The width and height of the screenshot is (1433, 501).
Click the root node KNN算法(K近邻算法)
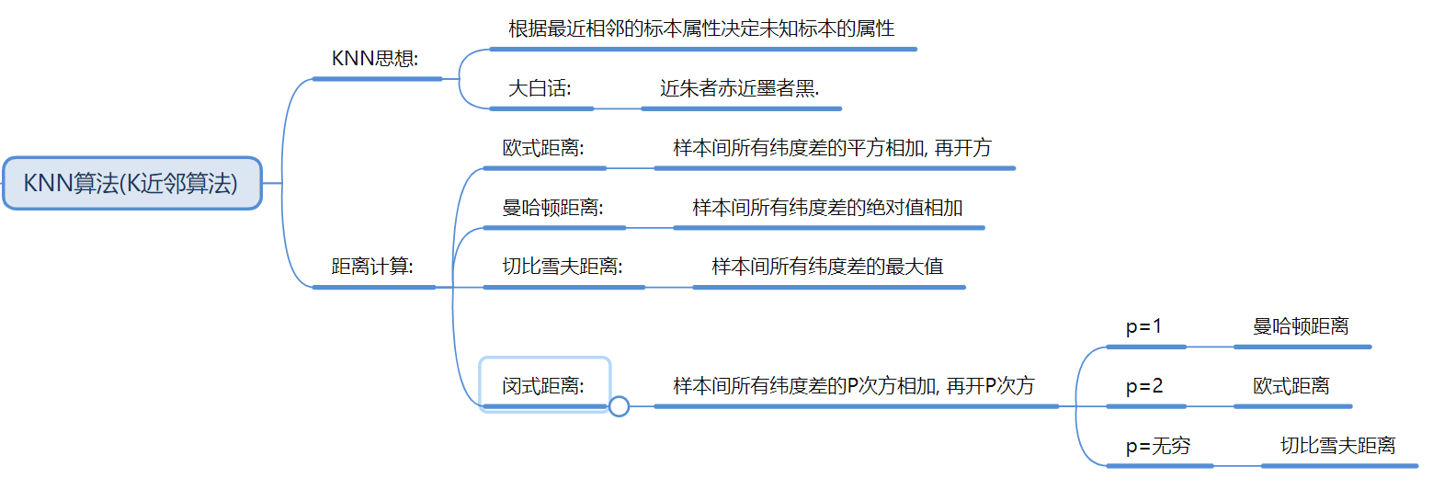point(131,183)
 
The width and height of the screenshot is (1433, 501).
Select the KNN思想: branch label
point(375,59)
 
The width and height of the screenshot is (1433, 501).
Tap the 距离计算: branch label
point(372,268)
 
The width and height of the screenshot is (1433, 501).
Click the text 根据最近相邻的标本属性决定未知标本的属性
point(701,28)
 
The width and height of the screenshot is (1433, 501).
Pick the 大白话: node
point(540,89)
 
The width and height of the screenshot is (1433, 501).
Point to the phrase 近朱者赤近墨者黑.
point(739,89)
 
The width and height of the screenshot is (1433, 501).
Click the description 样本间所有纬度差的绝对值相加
point(827,208)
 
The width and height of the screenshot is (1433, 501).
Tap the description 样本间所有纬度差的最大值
point(827,268)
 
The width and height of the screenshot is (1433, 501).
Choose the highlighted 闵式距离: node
point(544,386)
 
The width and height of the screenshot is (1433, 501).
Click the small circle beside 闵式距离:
point(619,405)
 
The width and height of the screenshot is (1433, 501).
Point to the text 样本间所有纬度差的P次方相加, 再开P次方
point(854,386)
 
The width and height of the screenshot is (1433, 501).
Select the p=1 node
point(1144,326)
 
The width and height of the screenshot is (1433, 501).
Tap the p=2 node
point(1144,386)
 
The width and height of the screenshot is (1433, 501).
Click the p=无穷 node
point(1158,446)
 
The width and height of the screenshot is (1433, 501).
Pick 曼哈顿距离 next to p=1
point(1301,326)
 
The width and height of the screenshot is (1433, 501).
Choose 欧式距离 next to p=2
point(1291,386)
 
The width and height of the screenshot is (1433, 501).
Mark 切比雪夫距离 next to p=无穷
point(1337,446)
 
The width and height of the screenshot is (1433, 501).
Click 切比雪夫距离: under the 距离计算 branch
point(563,268)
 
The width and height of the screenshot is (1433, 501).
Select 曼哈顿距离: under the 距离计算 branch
point(552,208)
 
